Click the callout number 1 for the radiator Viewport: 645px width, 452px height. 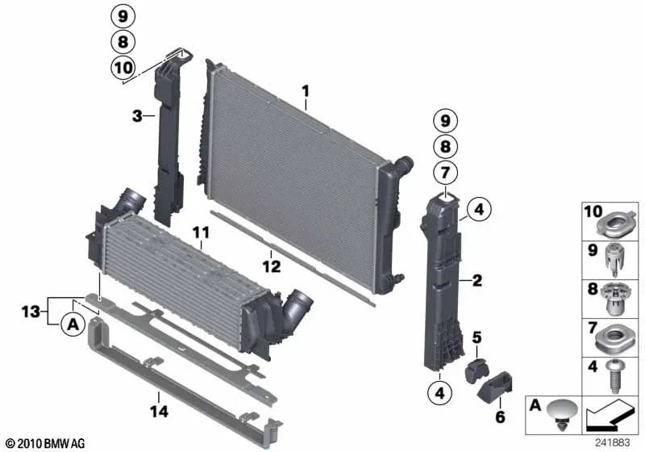[306, 91]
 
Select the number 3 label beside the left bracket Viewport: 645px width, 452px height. [137, 116]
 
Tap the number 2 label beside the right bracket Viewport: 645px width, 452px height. [477, 281]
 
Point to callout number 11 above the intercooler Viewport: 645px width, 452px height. [201, 233]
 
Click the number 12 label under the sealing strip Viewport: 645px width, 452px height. [272, 266]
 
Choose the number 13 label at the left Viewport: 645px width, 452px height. [31, 312]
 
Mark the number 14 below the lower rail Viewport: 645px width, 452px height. [159, 412]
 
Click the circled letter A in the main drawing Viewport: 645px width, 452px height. [73, 324]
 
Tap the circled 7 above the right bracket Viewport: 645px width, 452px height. [446, 173]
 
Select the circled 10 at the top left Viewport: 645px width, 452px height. [123, 67]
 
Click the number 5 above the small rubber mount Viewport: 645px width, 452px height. [476, 338]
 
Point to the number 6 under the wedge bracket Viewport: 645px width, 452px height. [500, 417]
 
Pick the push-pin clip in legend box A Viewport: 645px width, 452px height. [562, 415]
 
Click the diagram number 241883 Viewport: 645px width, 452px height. [612, 442]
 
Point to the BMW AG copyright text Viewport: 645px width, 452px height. [46, 443]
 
